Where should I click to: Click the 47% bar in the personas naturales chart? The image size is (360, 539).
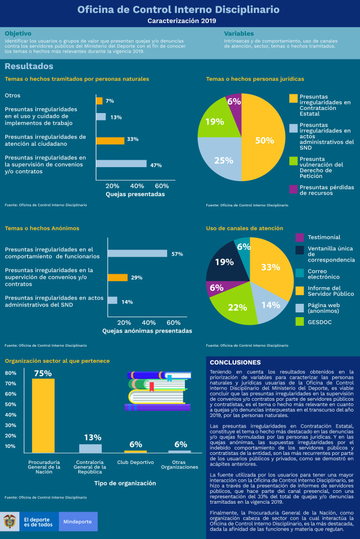[121, 164]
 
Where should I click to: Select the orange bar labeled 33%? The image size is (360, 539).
[110, 140]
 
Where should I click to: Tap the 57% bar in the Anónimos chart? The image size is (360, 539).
[137, 253]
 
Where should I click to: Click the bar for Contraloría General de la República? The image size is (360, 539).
[90, 448]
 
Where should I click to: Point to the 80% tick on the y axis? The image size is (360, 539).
[10, 373]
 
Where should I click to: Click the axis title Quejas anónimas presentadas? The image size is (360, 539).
[147, 331]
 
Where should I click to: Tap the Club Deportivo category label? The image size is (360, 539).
[136, 462]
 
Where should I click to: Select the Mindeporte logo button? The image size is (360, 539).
[78, 521]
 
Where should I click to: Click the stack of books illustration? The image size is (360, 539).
[158, 392]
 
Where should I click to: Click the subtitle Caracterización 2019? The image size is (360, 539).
[179, 21]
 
